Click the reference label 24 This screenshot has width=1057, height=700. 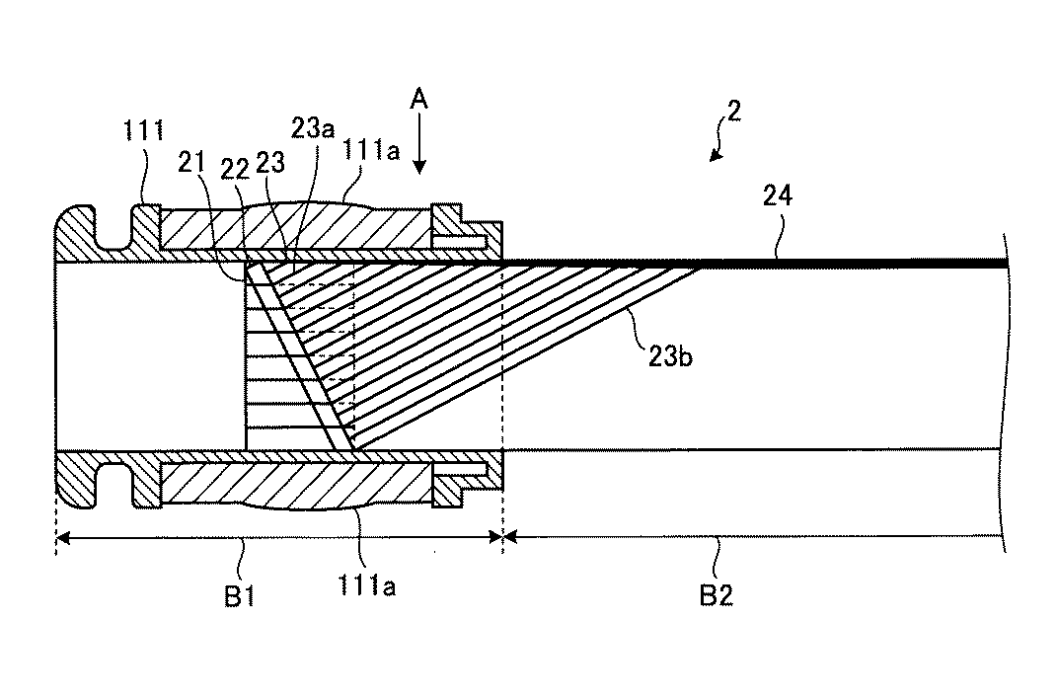778,195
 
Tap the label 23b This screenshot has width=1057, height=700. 670,355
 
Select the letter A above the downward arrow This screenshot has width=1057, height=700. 419,100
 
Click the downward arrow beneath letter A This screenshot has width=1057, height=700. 419,143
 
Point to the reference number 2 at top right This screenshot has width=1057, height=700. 734,111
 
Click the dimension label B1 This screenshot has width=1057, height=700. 239,596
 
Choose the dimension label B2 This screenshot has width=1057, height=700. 716,595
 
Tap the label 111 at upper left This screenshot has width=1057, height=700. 143,129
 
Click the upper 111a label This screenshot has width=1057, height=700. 371,150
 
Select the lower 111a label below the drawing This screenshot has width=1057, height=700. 366,585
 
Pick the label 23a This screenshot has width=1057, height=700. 313,126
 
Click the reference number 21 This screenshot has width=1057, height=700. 191,162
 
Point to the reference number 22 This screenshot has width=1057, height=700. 235,169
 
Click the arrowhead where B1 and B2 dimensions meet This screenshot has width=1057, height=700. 503,537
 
